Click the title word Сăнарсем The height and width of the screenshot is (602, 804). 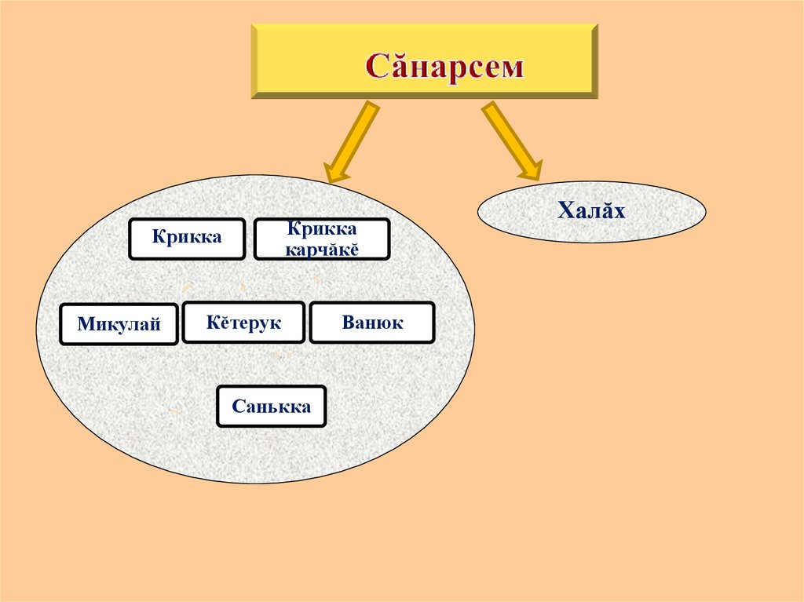tap(444, 66)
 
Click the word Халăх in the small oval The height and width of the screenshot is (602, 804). tap(591, 210)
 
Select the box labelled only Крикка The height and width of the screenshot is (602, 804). tap(187, 239)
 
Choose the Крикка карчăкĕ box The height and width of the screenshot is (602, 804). tap(321, 239)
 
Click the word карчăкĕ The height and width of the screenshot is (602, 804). tap(321, 249)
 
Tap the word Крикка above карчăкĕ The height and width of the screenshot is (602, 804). tap(321, 229)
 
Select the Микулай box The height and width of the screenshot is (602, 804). tap(119, 324)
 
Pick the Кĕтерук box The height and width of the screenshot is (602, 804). tap(243, 323)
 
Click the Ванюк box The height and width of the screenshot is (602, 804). tap(372, 323)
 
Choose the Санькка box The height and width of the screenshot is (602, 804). tap(271, 407)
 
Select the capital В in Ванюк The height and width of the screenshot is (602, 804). tap(348, 323)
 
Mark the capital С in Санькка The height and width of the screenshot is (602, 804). tap(237, 407)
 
